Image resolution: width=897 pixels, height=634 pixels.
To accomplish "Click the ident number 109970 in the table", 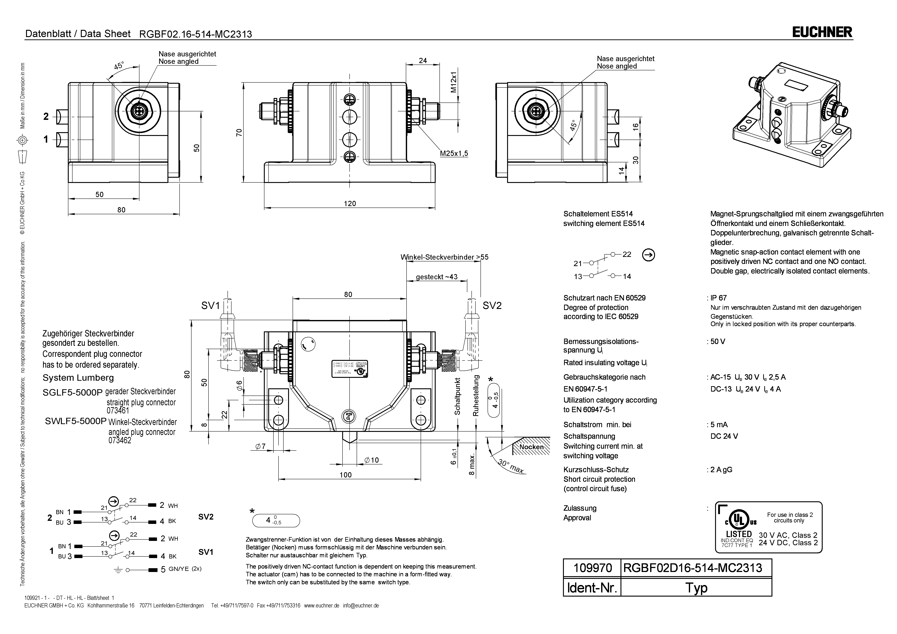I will tap(592, 568).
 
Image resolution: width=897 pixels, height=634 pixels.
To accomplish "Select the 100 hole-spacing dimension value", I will tap(345, 475).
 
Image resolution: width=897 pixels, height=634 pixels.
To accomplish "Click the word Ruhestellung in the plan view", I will tap(476, 395).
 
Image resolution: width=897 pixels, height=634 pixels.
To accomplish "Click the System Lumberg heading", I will tap(78, 378).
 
